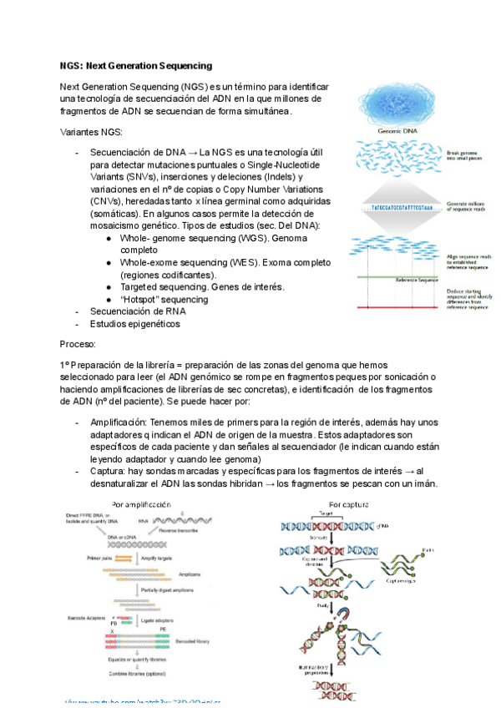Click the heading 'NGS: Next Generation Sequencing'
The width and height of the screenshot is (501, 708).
coord(135,65)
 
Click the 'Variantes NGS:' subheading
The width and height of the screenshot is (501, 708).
coord(91,133)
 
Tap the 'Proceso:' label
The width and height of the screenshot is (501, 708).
coord(78,343)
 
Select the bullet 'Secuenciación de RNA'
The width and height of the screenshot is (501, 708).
coord(138,311)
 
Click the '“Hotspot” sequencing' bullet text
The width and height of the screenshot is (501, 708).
coord(164,299)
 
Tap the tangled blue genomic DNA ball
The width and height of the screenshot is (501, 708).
coord(397,104)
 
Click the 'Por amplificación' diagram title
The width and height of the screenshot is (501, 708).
coord(147,504)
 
